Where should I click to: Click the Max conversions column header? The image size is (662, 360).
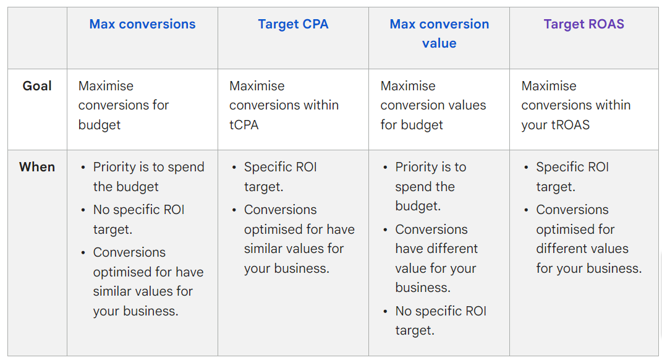[142, 24]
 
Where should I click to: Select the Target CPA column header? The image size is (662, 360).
[293, 24]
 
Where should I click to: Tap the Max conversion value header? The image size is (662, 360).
[439, 33]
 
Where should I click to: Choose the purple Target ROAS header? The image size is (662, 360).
[583, 24]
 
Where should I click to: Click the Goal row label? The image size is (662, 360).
[37, 86]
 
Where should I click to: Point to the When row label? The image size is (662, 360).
[37, 167]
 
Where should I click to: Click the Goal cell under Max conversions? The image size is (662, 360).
[123, 105]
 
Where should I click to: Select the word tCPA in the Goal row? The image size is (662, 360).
[244, 125]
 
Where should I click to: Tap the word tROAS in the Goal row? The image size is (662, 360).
[570, 125]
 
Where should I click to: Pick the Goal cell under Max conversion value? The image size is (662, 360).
[433, 105]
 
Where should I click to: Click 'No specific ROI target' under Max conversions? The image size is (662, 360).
[139, 220]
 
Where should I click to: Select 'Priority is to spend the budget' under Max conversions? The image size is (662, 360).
[148, 177]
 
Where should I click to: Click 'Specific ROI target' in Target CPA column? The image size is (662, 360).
[281, 177]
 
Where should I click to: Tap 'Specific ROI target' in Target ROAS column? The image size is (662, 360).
[572, 177]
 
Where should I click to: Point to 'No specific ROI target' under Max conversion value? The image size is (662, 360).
[441, 320]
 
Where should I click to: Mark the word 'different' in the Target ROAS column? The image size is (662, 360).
[562, 249]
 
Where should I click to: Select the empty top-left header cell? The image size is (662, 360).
[37, 38]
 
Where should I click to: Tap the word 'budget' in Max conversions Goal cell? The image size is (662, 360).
[100, 125]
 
